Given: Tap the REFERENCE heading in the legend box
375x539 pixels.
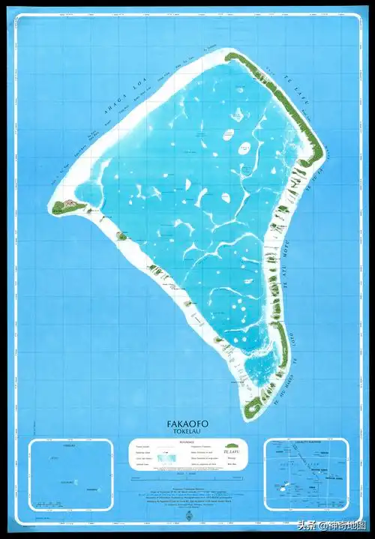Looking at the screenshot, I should click(x=187, y=443).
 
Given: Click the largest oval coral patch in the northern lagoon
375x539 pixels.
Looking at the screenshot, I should click(x=244, y=148).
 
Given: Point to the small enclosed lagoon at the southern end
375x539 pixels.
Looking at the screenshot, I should click(x=259, y=367).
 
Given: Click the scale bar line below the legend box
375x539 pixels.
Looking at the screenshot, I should click(x=187, y=474).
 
